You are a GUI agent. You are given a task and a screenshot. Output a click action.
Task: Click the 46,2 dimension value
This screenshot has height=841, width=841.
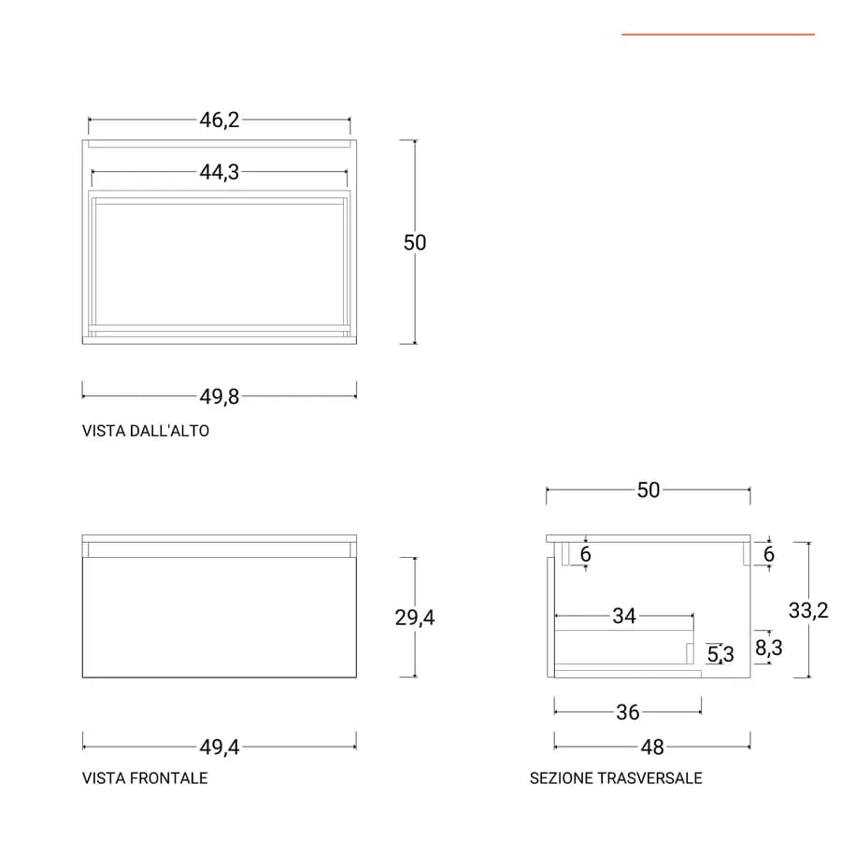click(220, 121)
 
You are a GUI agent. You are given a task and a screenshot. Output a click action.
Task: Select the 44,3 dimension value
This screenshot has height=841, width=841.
click(220, 172)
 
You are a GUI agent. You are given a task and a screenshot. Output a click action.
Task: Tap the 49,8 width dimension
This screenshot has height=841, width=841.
click(220, 397)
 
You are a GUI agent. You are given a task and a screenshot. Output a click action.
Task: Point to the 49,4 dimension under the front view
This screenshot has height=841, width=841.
click(220, 747)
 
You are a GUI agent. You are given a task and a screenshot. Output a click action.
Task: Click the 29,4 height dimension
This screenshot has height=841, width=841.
click(415, 618)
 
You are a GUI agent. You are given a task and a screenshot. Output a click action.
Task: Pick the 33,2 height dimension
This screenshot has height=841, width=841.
click(808, 610)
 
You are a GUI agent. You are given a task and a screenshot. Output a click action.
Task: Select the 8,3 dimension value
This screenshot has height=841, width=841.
click(769, 648)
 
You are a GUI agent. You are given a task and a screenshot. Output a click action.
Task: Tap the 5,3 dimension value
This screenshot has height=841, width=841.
click(720, 654)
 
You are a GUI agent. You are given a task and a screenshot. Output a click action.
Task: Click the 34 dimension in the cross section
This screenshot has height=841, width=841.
click(624, 617)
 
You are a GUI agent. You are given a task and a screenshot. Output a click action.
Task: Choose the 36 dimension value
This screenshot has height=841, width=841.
click(628, 712)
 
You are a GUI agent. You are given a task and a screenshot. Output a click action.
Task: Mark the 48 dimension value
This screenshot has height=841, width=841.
click(652, 748)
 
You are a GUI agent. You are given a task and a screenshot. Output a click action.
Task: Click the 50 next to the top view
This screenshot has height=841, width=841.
click(415, 242)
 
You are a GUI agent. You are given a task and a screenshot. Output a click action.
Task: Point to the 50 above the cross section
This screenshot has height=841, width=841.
click(649, 491)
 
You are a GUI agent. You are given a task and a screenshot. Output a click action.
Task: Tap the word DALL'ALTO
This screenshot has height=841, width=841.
click(169, 431)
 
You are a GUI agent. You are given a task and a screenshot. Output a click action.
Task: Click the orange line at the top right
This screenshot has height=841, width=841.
click(719, 35)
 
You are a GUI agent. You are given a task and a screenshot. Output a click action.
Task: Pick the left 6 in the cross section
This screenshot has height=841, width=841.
click(586, 554)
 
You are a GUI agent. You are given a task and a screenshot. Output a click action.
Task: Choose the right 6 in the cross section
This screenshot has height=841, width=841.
click(769, 554)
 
